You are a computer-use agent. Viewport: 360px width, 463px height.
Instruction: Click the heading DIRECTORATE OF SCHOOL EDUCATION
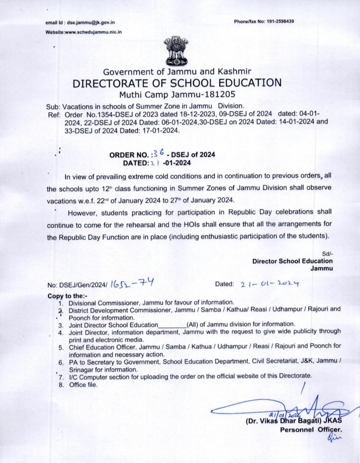click(x=177, y=83)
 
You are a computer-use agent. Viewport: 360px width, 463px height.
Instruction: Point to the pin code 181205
click(x=221, y=94)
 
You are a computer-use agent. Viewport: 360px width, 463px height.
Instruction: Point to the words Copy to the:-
click(x=67, y=296)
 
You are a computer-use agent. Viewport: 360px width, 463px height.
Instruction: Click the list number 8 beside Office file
click(x=61, y=384)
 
